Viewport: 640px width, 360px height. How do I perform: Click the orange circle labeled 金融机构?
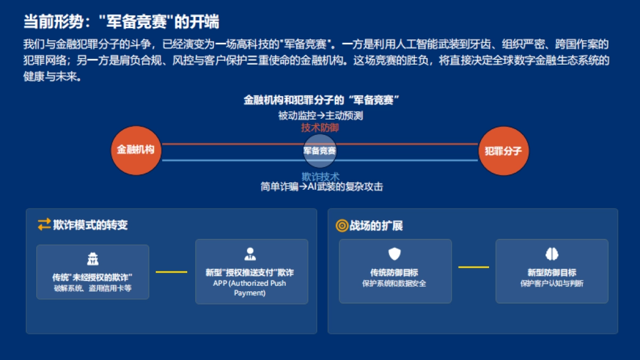click(135, 150)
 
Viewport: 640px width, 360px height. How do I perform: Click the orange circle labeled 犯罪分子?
click(503, 151)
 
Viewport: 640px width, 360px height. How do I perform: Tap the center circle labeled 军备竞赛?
click(320, 151)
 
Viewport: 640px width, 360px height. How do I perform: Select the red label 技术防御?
click(320, 128)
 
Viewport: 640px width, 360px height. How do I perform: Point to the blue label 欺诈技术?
click(320, 177)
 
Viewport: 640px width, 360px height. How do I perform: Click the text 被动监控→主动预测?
click(320, 115)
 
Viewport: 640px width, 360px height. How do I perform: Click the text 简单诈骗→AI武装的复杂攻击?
click(322, 187)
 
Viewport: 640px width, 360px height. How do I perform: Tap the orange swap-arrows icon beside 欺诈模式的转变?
click(44, 225)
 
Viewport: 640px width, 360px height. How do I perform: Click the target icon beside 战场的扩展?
click(341, 226)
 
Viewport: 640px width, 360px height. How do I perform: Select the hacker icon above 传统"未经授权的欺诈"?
click(93, 260)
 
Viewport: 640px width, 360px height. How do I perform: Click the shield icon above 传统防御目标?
click(394, 254)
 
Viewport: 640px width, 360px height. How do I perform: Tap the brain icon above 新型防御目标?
click(551, 254)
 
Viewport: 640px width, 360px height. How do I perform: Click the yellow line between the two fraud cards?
click(171, 272)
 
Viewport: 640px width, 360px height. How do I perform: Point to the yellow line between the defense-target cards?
click(473, 267)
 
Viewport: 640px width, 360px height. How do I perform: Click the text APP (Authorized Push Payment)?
click(250, 288)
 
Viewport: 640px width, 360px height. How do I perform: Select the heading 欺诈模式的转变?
click(90, 225)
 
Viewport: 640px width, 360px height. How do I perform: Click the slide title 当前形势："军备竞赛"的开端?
click(121, 22)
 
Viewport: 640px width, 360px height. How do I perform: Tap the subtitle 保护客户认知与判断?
click(551, 284)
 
